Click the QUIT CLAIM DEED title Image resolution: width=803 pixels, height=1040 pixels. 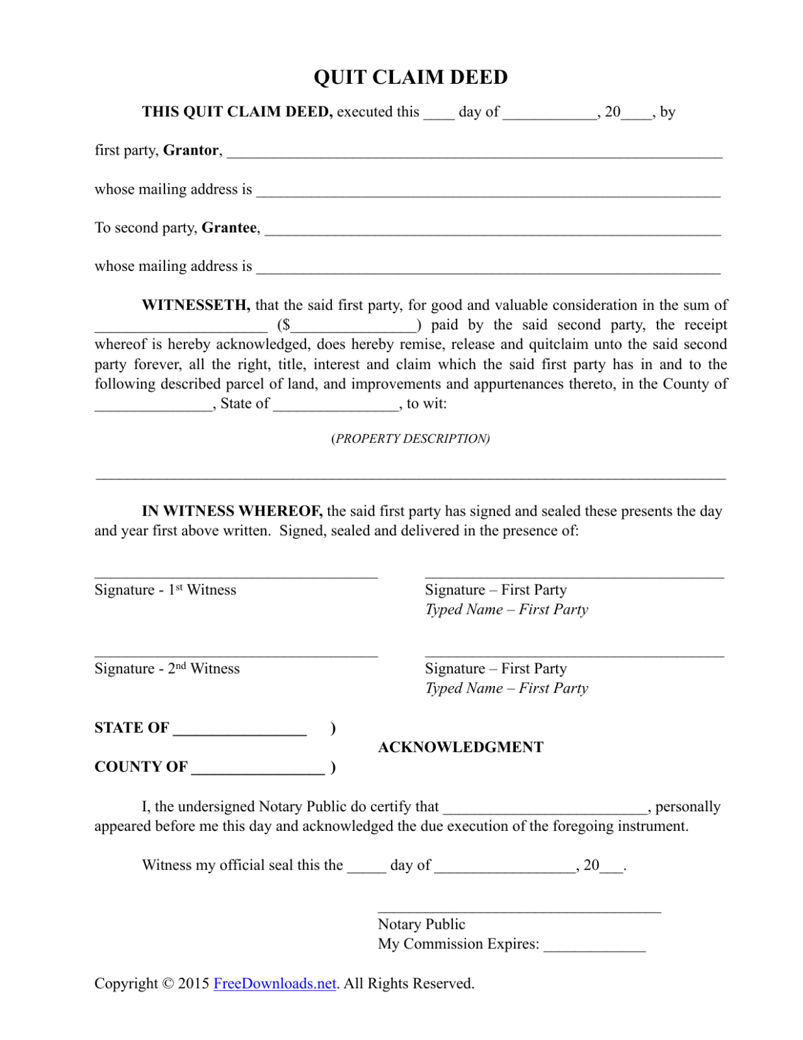(x=410, y=77)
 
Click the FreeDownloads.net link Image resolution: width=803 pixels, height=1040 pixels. (x=274, y=983)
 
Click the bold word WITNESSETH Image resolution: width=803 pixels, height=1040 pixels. (x=196, y=305)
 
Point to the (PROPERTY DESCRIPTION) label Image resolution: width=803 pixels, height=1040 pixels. (x=410, y=438)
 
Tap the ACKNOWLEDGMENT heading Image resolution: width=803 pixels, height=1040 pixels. (x=461, y=747)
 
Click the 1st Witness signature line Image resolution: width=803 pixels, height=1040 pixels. (x=236, y=576)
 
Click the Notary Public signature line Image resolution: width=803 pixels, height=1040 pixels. (x=519, y=911)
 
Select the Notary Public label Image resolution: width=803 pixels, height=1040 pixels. (x=422, y=924)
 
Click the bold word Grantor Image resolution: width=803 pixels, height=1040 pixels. (x=190, y=151)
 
